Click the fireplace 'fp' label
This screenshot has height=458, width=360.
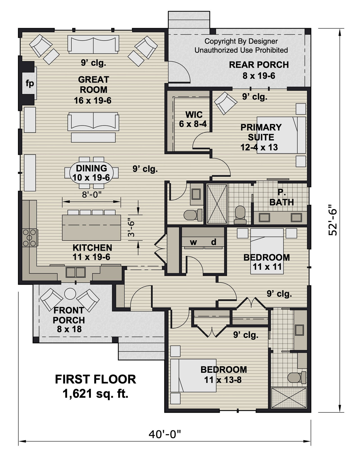[30, 84]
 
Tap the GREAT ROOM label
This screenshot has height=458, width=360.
[93, 85]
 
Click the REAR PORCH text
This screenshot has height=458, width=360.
[259, 65]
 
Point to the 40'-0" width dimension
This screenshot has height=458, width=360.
[165, 434]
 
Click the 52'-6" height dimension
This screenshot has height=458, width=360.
[334, 219]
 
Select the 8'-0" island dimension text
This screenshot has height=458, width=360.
[92, 194]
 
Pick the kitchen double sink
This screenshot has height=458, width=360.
[76, 272]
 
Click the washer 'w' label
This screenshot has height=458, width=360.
[193, 242]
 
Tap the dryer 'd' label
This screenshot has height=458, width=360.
[214, 242]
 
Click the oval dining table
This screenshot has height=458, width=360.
[92, 172]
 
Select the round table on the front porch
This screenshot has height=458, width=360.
[70, 294]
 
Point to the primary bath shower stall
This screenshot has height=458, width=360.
[217, 204]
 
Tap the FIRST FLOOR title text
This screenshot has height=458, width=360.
[95, 379]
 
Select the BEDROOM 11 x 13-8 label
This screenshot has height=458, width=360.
[224, 374]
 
